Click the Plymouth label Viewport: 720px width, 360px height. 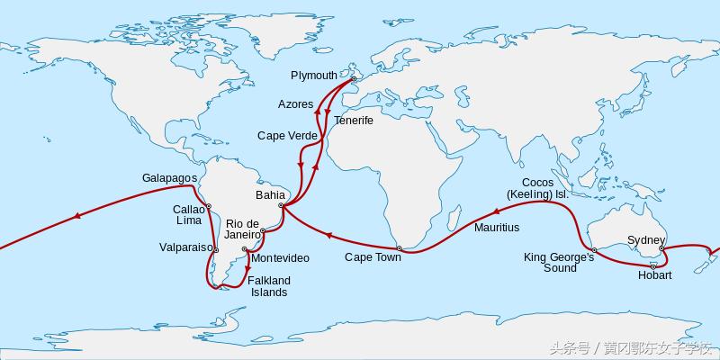coord(314,75)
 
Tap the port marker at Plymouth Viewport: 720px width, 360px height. coord(354,78)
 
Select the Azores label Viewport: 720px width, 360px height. coord(295,104)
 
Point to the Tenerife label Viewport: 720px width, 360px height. coord(353,120)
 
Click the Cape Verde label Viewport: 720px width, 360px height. coord(287,136)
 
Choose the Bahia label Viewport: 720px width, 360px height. coord(271,194)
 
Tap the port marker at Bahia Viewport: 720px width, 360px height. coord(282,205)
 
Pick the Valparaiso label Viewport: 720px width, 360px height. coord(185,247)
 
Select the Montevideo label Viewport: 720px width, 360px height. coord(280,258)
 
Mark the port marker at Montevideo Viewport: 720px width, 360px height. coord(245,249)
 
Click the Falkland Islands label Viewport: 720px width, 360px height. coord(269,286)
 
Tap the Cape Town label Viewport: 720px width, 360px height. coord(373,257)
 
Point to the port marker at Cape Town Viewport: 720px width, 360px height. coord(399,247)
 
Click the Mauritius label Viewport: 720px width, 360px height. coord(497,228)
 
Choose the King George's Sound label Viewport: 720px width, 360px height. coord(559,263)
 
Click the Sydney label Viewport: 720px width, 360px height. coord(646,240)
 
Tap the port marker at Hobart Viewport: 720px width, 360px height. coord(652,266)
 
